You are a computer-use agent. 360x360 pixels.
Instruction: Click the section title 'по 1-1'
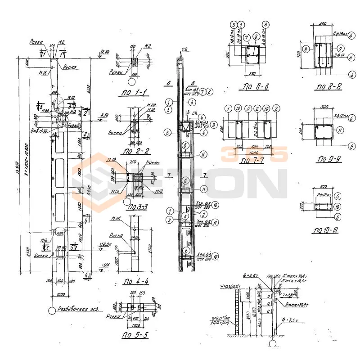click(133, 94)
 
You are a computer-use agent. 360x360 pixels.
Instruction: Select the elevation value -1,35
click(105, 265)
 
